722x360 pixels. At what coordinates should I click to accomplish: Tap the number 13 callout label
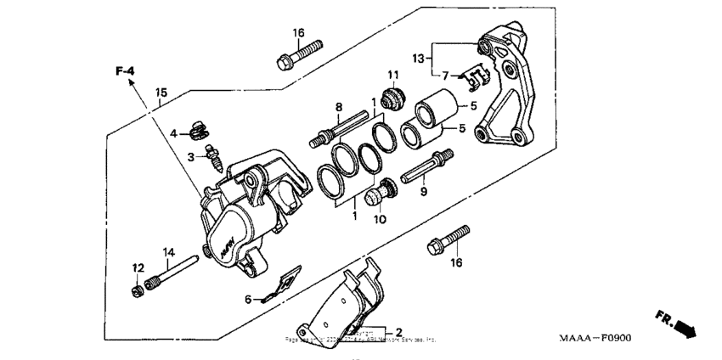(x=419, y=58)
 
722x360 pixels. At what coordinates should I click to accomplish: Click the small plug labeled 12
(x=137, y=291)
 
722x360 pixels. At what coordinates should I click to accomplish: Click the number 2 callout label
(x=398, y=331)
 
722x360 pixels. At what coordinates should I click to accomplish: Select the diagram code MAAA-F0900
(x=595, y=338)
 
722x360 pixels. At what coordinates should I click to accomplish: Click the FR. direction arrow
(x=677, y=323)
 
